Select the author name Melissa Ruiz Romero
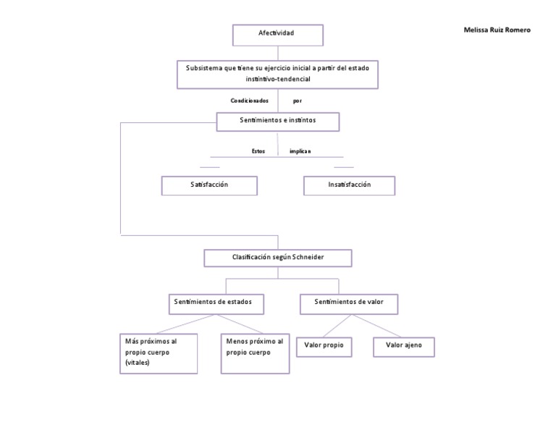(497, 30)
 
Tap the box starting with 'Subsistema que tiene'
(277, 73)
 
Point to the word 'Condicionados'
(250, 101)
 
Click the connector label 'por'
(298, 101)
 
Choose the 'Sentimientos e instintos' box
(278, 121)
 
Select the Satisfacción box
(209, 185)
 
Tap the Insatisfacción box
(349, 185)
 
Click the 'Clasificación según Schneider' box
(278, 257)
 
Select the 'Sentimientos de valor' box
(350, 303)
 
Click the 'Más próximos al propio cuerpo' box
(158, 353)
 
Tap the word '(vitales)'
(138, 363)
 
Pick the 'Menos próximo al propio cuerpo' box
(255, 353)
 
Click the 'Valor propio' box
(324, 347)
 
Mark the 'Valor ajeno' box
(403, 347)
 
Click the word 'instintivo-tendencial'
(278, 78)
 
